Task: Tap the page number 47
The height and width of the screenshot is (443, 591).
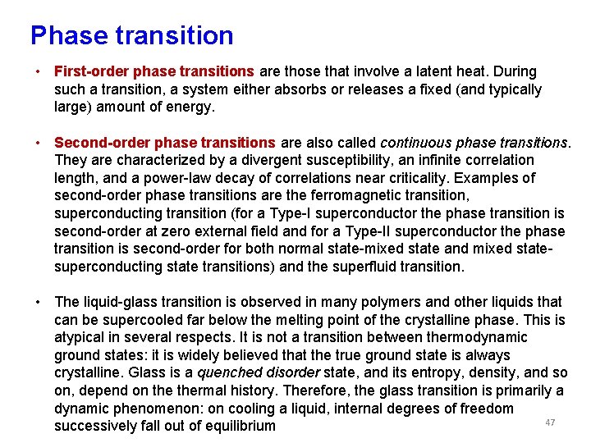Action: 550,422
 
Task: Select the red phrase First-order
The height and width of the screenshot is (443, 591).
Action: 90,71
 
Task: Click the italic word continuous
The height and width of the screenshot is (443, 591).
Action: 412,142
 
